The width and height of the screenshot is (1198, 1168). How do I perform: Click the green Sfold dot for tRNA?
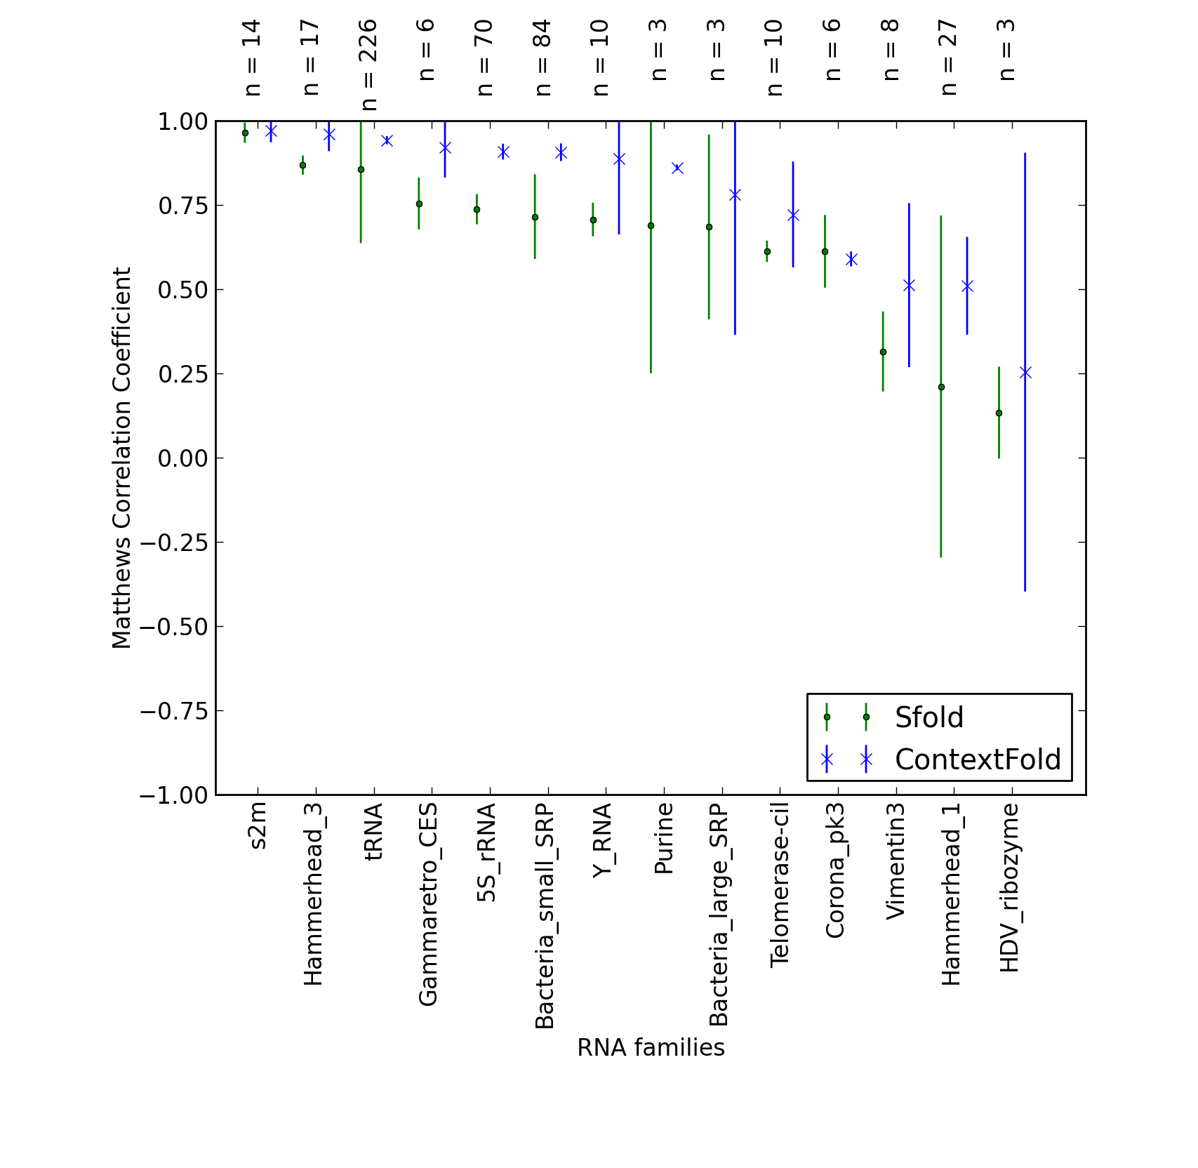click(x=361, y=169)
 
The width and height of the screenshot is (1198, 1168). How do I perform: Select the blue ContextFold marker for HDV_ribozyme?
click(x=1025, y=372)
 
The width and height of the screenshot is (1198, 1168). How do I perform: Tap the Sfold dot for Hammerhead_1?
click(x=941, y=387)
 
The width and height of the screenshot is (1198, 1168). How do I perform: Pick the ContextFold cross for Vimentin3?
click(x=909, y=285)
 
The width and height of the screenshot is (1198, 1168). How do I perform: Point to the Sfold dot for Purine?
click(x=651, y=225)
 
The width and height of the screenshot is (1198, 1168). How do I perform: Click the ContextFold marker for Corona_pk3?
click(x=851, y=259)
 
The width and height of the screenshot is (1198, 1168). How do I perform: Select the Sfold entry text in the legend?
click(x=929, y=717)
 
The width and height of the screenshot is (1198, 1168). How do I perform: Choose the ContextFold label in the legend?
click(x=978, y=759)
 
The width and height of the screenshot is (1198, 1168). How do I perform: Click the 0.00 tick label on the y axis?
click(x=183, y=458)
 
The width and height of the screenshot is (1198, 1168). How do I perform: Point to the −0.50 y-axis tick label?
click(x=175, y=627)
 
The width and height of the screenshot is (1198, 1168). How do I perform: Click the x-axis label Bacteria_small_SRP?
click(x=545, y=917)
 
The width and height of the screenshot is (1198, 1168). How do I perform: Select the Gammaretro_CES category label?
click(x=428, y=905)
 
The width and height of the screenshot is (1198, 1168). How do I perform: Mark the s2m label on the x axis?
click(x=258, y=827)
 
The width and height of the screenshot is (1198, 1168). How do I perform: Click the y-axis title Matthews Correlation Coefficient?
click(x=121, y=458)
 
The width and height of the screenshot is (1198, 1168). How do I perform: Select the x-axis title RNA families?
click(x=651, y=1047)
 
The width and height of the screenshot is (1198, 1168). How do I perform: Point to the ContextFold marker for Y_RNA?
click(x=619, y=159)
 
